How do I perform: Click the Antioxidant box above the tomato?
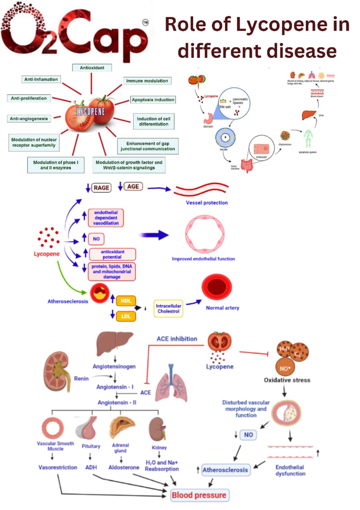92,68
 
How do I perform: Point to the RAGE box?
101,188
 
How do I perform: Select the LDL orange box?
125,317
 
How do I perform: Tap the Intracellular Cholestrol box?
168,308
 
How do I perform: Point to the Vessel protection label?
207,203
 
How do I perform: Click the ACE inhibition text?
177,339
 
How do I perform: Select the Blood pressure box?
199,495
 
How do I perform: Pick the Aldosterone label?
124,467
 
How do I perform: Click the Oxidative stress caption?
287,380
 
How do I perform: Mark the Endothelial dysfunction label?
290,470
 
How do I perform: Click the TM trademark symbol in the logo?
146,24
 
